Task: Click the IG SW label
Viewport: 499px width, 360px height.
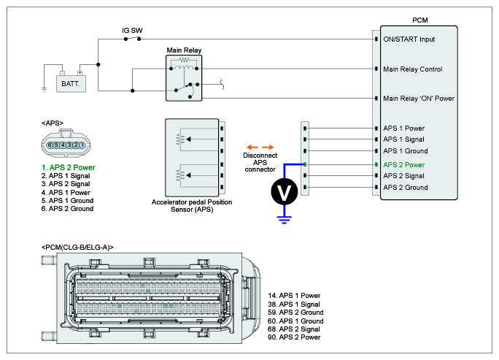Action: tap(132, 31)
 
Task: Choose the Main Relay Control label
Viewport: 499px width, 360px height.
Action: tap(413, 69)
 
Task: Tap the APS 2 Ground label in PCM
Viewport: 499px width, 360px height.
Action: tap(406, 188)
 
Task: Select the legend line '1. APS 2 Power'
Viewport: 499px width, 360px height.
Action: tap(69, 168)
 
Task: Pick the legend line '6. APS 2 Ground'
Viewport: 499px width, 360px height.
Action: tap(71, 209)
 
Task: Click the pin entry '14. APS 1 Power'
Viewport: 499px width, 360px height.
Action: tap(295, 296)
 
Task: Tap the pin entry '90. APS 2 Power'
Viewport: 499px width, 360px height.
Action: tap(295, 337)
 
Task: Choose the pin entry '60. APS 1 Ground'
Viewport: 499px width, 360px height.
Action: tap(296, 321)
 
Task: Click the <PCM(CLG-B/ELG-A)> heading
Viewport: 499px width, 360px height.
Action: tap(78, 248)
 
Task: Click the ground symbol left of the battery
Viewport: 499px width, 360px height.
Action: tap(45, 89)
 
